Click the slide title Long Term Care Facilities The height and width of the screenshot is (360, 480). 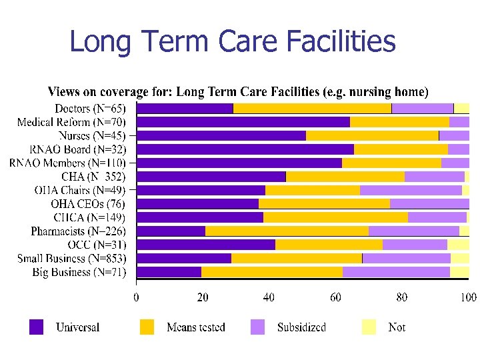point(232,41)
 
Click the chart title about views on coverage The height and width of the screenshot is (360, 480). point(238,91)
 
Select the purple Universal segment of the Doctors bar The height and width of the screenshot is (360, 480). point(185,108)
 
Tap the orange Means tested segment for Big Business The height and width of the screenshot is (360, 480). point(272,272)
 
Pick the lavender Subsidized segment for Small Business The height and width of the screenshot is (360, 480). point(406,258)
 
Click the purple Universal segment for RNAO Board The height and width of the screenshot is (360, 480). point(245,149)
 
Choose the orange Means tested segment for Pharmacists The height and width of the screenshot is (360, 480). point(287,231)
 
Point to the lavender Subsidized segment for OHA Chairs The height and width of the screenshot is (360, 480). point(411,190)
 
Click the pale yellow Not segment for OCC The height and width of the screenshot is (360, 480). point(458,245)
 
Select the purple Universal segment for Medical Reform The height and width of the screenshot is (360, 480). point(243,122)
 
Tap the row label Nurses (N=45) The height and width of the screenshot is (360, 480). point(92,135)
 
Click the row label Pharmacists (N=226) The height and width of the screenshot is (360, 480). point(78,231)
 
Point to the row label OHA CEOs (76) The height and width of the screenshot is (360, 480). point(88,204)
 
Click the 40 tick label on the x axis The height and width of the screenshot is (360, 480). point(269,297)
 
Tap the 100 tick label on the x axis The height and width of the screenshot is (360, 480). point(467,297)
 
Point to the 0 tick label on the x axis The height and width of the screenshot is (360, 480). point(137,297)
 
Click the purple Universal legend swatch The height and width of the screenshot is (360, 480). point(37,327)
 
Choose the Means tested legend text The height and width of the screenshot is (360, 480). point(196,327)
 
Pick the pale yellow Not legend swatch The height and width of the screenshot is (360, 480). point(369,327)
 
